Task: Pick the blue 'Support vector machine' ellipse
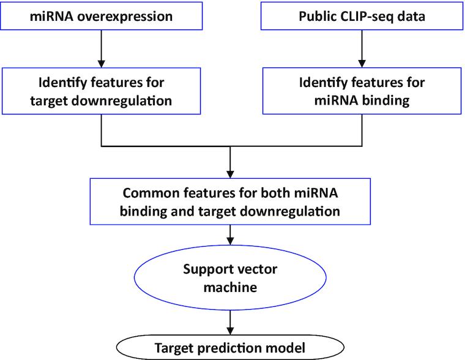[x=229, y=276]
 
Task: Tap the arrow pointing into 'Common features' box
[x=229, y=163]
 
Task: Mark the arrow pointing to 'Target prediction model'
[x=229, y=320]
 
